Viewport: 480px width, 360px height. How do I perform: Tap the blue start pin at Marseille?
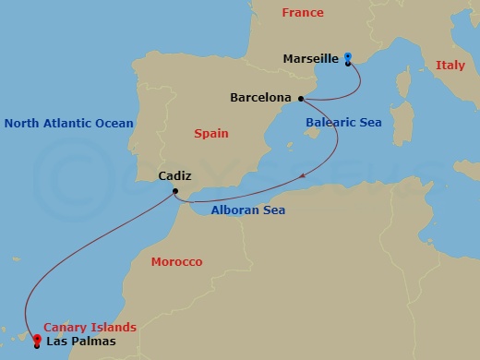coord(348,58)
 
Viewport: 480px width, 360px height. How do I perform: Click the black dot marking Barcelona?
coord(301,97)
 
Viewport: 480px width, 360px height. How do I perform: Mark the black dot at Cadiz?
coord(174,191)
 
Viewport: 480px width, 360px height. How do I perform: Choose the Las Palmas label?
coord(82,342)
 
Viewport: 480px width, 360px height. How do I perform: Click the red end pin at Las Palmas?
coord(37,339)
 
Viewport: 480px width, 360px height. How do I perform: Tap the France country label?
coord(303,13)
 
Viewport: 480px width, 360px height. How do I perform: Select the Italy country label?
coord(450,66)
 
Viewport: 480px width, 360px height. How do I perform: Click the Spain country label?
coord(211,134)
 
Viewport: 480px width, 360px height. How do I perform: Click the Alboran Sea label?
coord(247,210)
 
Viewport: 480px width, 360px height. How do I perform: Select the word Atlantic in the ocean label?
coord(69,123)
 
